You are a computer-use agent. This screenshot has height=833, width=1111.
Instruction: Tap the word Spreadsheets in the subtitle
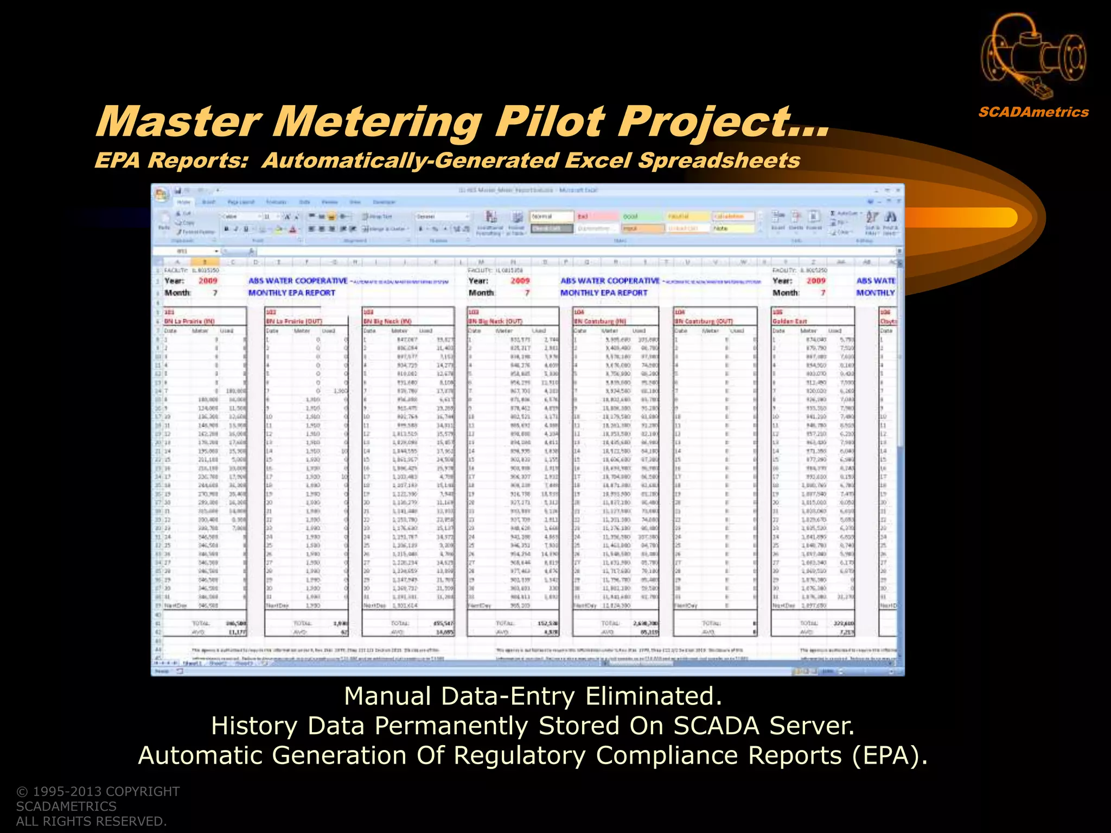click(x=719, y=161)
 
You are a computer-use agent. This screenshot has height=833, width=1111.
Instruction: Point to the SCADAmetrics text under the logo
click(x=1033, y=112)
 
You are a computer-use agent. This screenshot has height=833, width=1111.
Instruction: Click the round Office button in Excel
click(x=161, y=194)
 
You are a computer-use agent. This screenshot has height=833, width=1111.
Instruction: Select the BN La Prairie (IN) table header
click(x=189, y=322)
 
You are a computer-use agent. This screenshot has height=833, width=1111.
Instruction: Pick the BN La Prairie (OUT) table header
click(x=294, y=322)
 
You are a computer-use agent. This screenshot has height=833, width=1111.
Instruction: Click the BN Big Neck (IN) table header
click(x=387, y=322)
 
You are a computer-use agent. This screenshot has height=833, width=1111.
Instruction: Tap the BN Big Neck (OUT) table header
click(x=495, y=322)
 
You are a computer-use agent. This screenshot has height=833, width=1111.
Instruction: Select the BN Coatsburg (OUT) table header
click(x=703, y=322)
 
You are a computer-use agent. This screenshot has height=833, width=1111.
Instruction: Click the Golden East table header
click(x=790, y=322)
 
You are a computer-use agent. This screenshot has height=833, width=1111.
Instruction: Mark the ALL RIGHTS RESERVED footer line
click(x=91, y=821)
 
